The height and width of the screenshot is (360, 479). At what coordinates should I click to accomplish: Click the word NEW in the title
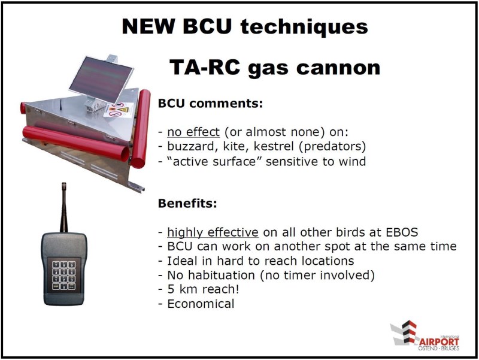pyautogui.click(x=148, y=26)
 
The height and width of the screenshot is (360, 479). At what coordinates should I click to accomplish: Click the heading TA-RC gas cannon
pyautogui.click(x=275, y=67)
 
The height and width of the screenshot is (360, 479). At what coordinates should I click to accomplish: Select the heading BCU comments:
pyautogui.click(x=211, y=103)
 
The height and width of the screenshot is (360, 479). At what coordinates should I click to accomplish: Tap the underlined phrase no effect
pyautogui.click(x=193, y=132)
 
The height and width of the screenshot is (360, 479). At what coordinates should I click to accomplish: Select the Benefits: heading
pyautogui.click(x=187, y=203)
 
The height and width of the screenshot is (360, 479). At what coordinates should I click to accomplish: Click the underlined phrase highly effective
pyautogui.click(x=213, y=232)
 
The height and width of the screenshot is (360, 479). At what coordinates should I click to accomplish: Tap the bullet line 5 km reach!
pyautogui.click(x=199, y=289)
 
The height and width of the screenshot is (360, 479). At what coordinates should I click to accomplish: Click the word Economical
pyautogui.click(x=201, y=304)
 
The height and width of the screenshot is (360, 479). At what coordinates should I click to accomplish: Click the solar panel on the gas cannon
pyautogui.click(x=101, y=80)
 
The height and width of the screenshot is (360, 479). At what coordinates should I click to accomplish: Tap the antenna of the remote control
pyautogui.click(x=64, y=207)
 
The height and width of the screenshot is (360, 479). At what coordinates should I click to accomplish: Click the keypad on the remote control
pyautogui.click(x=63, y=276)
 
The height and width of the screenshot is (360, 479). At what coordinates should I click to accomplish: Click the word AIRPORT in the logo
pyautogui.click(x=439, y=341)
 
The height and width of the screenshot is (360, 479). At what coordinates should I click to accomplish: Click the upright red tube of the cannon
pyautogui.click(x=141, y=128)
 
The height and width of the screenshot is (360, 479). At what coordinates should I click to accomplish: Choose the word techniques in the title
pyautogui.click(x=304, y=27)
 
